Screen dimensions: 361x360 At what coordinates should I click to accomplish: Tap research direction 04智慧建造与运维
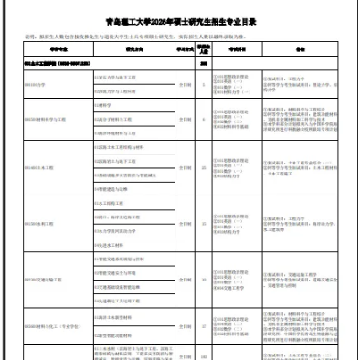[x=115, y=187]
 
